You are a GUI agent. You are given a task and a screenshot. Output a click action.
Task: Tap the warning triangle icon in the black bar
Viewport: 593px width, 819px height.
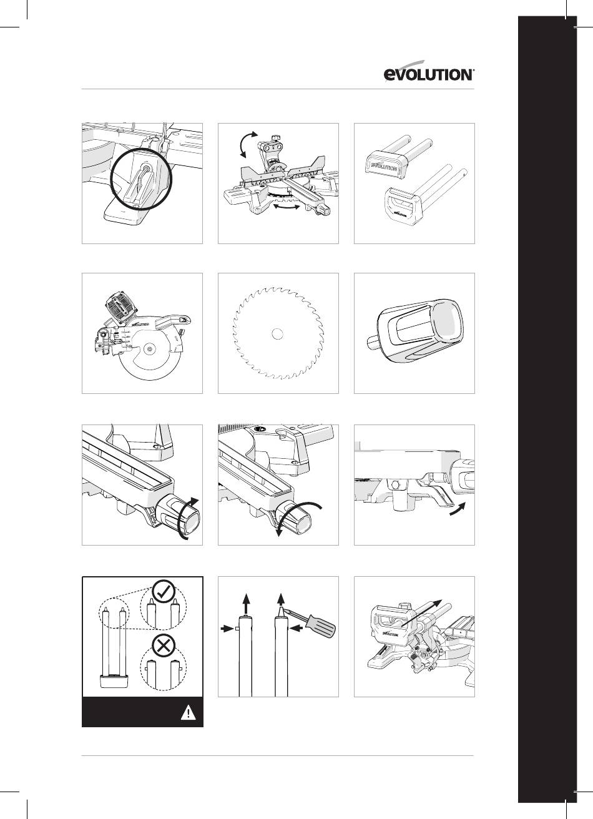click(188, 713)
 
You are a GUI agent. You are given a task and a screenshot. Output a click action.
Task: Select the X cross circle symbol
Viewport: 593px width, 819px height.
click(164, 647)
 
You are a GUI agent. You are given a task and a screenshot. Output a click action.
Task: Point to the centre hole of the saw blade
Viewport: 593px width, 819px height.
click(278, 333)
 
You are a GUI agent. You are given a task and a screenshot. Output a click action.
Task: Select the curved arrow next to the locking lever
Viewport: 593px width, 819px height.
click(458, 509)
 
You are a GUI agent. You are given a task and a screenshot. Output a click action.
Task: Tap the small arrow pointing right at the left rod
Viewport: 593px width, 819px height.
click(227, 629)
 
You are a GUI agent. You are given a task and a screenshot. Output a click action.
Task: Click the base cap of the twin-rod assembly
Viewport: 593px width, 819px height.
click(114, 681)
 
